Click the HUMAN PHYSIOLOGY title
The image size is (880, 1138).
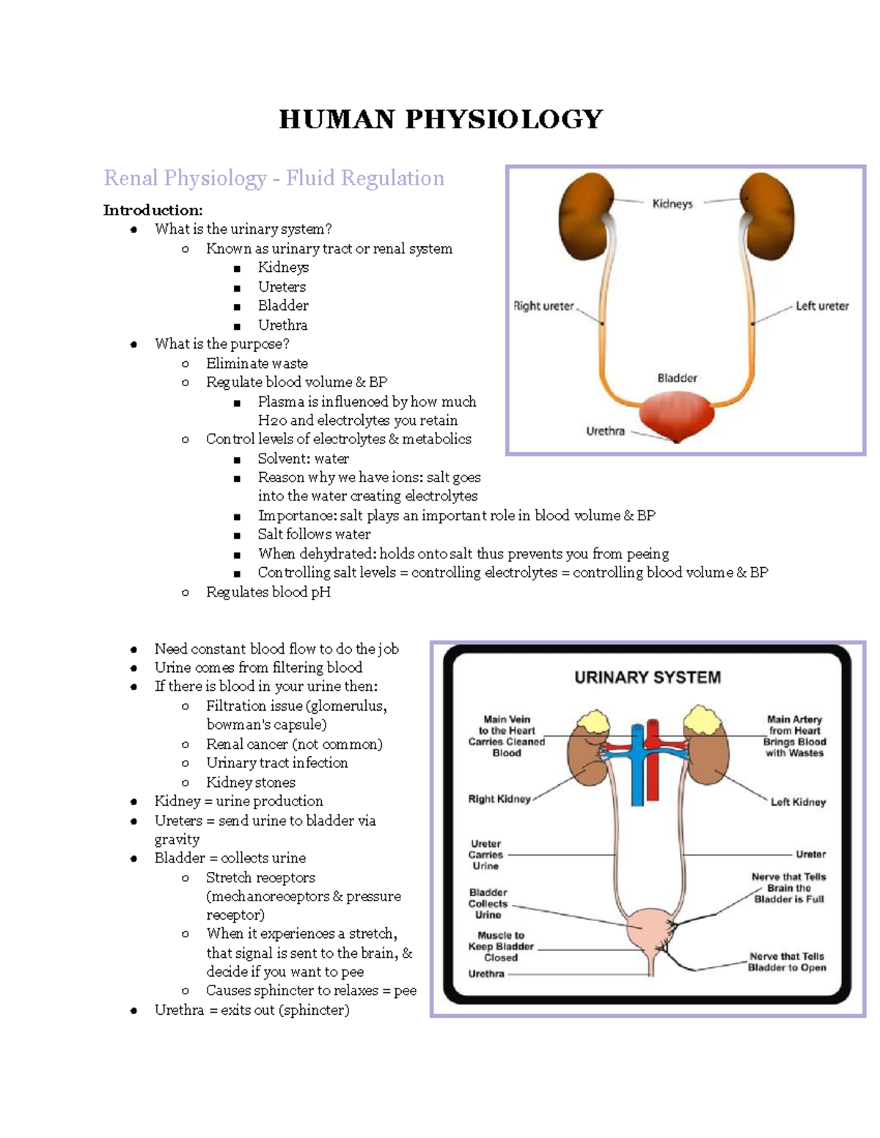pyautogui.click(x=441, y=119)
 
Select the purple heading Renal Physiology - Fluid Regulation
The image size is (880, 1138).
pyautogui.click(x=274, y=178)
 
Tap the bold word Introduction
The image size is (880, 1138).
pyautogui.click(x=153, y=210)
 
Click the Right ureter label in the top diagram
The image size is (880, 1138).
pyautogui.click(x=543, y=306)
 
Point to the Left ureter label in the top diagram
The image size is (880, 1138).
pyautogui.click(x=822, y=306)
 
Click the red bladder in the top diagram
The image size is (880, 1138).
pyautogui.click(x=676, y=415)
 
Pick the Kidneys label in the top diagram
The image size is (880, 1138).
pyautogui.click(x=672, y=204)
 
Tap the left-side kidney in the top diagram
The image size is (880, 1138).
pyautogui.click(x=586, y=216)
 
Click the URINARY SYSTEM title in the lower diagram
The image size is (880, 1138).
pyautogui.click(x=647, y=677)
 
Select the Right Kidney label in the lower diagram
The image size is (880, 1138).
pyautogui.click(x=499, y=799)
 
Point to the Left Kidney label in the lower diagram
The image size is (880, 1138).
pyautogui.click(x=798, y=802)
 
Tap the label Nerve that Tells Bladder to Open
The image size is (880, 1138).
pyautogui.click(x=787, y=962)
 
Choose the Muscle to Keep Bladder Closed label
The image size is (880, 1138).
pyautogui.click(x=501, y=946)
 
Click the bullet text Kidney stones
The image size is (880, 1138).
pyautogui.click(x=250, y=783)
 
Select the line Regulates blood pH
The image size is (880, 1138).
pyautogui.click(x=268, y=592)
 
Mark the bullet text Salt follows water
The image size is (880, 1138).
pyautogui.click(x=314, y=534)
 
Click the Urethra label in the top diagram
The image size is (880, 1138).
pyautogui.click(x=605, y=432)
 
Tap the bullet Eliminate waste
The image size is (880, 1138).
pyautogui.click(x=257, y=363)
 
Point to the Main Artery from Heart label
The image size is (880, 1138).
pyautogui.click(x=794, y=736)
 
